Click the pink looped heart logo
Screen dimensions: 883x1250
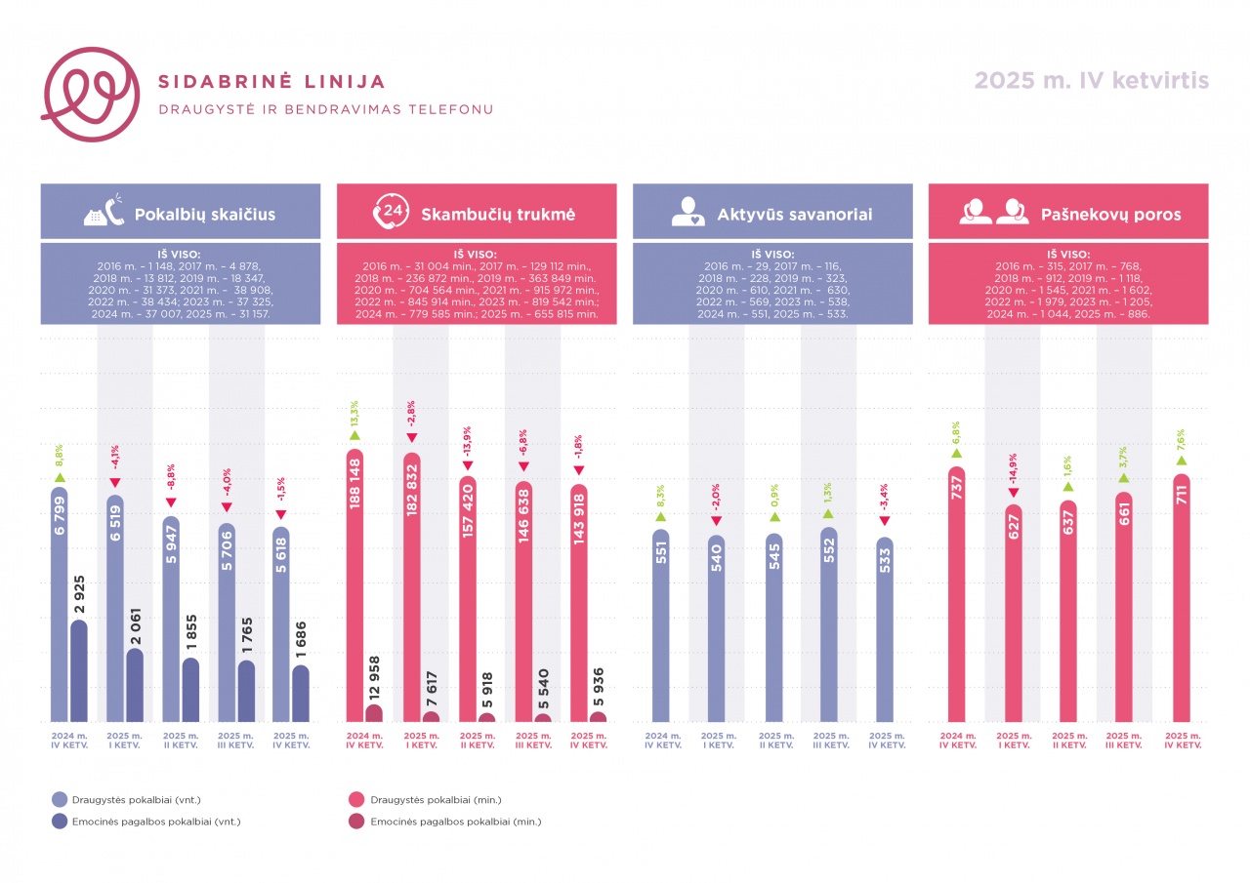point(85,95)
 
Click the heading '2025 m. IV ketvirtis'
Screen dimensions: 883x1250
point(1092,81)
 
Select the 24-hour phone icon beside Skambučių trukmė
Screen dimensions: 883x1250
point(391,212)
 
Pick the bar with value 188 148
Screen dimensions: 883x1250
point(355,585)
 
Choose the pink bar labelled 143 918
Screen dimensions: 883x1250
point(578,605)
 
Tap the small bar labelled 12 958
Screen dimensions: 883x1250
point(375,713)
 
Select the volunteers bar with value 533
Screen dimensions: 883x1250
point(885,629)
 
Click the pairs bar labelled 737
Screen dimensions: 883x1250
point(957,595)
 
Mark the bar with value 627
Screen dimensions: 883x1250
point(1013,615)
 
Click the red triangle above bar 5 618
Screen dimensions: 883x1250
point(281,513)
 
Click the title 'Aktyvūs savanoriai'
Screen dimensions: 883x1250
point(794,214)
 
